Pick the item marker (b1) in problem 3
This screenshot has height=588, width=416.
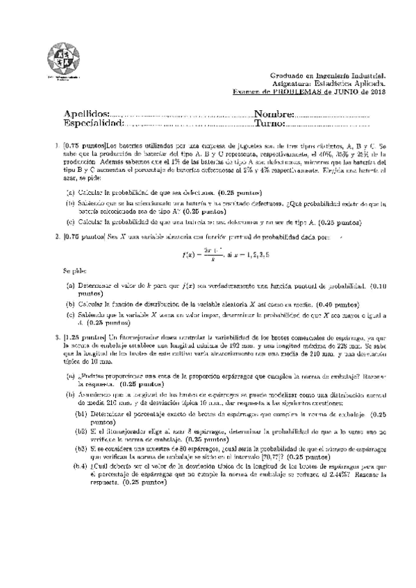[x=81, y=414]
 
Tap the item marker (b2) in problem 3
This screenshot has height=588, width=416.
[x=81, y=431]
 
